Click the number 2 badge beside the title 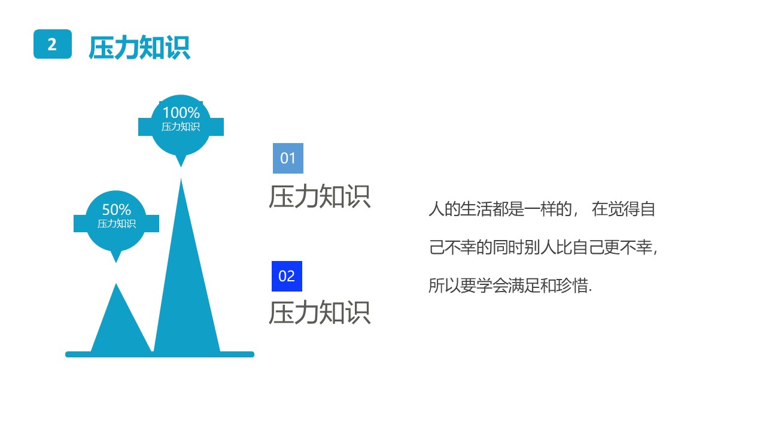pyautogui.click(x=53, y=44)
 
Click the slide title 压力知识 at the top pyautogui.click(x=139, y=47)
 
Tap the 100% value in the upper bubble pyautogui.click(x=181, y=113)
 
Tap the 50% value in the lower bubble pyautogui.click(x=116, y=210)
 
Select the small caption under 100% pyautogui.click(x=181, y=127)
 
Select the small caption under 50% pyautogui.click(x=116, y=224)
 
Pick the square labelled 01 pyautogui.click(x=288, y=158)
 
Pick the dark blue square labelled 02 pyautogui.click(x=287, y=276)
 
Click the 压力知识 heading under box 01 pyautogui.click(x=320, y=196)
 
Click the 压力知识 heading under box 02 pyautogui.click(x=320, y=312)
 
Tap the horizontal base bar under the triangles pyautogui.click(x=160, y=354)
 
